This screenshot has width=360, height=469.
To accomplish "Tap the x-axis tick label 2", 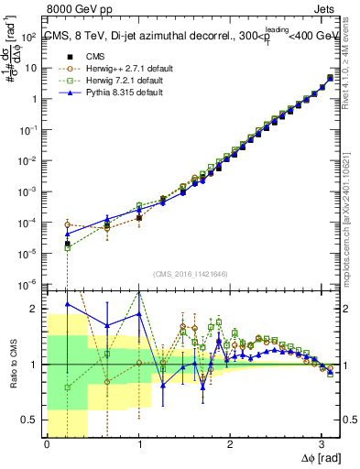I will click(x=230, y=444).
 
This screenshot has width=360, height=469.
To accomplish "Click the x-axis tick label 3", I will click(x=322, y=444).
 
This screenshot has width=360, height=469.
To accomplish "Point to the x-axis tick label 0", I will click(x=47, y=444).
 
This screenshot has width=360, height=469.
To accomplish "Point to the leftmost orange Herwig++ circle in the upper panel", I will click(x=68, y=224).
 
